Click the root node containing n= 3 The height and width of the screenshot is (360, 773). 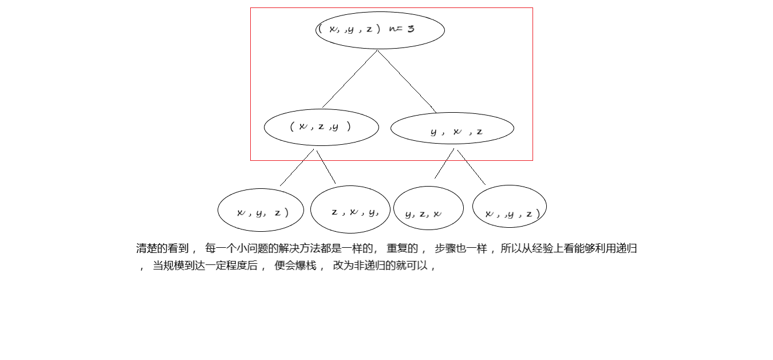pyautogui.click(x=380, y=30)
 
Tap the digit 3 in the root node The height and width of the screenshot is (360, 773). pyautogui.click(x=411, y=28)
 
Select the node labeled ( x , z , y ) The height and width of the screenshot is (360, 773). pyautogui.click(x=321, y=127)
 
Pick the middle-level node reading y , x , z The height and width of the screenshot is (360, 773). pyautogui.click(x=452, y=128)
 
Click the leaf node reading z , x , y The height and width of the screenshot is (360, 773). pyautogui.click(x=350, y=209)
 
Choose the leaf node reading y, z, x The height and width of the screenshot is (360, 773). pyautogui.click(x=428, y=208)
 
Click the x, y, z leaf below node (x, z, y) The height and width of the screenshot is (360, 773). pyautogui.click(x=260, y=210)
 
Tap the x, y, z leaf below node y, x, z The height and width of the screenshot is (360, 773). pyautogui.click(x=509, y=206)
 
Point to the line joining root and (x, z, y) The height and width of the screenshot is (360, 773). pyautogui.click(x=349, y=79)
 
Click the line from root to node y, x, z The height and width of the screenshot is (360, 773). pyautogui.click(x=407, y=82)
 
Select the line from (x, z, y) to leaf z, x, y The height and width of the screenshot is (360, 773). pyautogui.click(x=326, y=167)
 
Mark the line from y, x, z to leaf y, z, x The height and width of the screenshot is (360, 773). pyautogui.click(x=444, y=163)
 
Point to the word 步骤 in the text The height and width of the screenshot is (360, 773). pyautogui.click(x=445, y=248)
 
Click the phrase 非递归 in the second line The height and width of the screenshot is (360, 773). pyautogui.click(x=370, y=266)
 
